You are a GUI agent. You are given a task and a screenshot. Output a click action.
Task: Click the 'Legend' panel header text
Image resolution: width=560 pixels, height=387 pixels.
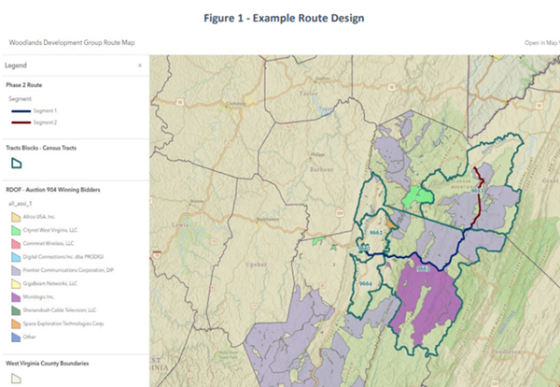click(x=16, y=65)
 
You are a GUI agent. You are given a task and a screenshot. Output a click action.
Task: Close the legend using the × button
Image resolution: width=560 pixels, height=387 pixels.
click(x=140, y=65)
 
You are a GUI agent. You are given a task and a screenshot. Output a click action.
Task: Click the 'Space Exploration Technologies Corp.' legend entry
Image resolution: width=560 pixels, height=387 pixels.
click(x=63, y=322)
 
